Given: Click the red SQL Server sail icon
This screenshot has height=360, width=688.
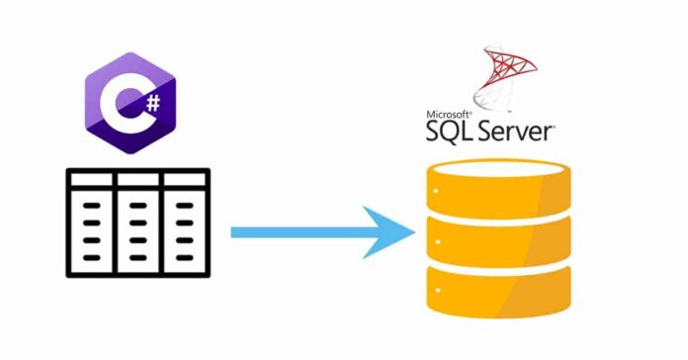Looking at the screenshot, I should point(507,73).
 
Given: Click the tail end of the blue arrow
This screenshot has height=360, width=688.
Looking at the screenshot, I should point(237,232).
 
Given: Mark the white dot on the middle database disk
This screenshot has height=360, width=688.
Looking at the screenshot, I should point(433,238).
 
